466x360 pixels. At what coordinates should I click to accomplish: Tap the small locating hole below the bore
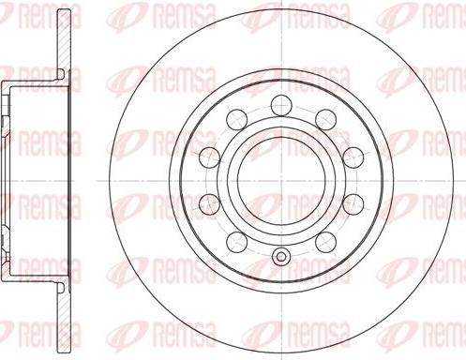point(279,258)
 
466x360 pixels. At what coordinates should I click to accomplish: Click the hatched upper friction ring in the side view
point(64,42)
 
